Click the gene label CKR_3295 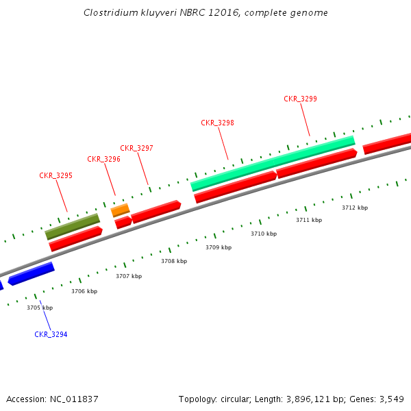coord(55,175)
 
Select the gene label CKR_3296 coord(103,159)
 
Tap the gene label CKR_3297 coord(136,148)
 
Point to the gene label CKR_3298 coord(217,123)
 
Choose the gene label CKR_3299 coord(300,99)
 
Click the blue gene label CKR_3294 coord(51,334)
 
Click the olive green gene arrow coord(73,226)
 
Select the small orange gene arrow coord(120,210)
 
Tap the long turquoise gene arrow coord(273,163)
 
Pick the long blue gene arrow coord(32,273)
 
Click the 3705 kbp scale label coord(40,308)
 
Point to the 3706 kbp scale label coord(84,291)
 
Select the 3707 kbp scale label coord(129,276)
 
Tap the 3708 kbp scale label coord(174,261)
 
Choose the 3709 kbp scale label coord(219,247)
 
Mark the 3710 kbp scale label coord(264,234)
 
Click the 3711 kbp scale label coord(309,220)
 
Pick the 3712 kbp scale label coord(355,208)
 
